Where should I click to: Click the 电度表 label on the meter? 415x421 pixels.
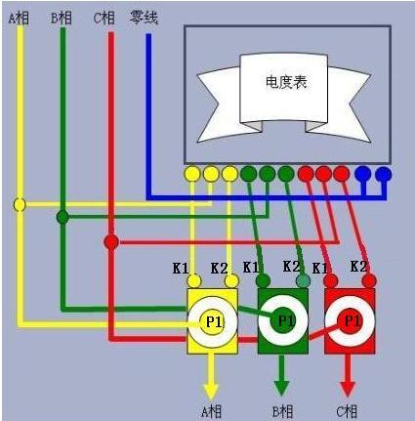click(286, 82)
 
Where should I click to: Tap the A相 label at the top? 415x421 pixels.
click(19, 19)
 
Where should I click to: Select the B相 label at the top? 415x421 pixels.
click(62, 18)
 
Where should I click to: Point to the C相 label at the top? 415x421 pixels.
click(104, 18)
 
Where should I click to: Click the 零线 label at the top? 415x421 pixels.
click(145, 18)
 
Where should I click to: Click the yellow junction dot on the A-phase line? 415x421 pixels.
click(20, 205)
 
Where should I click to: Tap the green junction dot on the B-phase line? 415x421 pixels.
click(62, 217)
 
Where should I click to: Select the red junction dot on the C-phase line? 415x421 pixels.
click(111, 242)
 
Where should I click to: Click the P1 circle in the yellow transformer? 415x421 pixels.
click(212, 322)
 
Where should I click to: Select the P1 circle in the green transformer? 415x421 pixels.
click(283, 320)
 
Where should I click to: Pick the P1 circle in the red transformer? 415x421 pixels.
click(350, 321)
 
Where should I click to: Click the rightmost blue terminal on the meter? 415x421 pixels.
click(384, 174)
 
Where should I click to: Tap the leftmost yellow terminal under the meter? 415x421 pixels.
click(192, 174)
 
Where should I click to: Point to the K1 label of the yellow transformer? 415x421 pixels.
click(181, 269)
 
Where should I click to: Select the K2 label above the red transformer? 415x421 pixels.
click(358, 267)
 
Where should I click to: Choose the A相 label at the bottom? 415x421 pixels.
click(211, 412)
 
